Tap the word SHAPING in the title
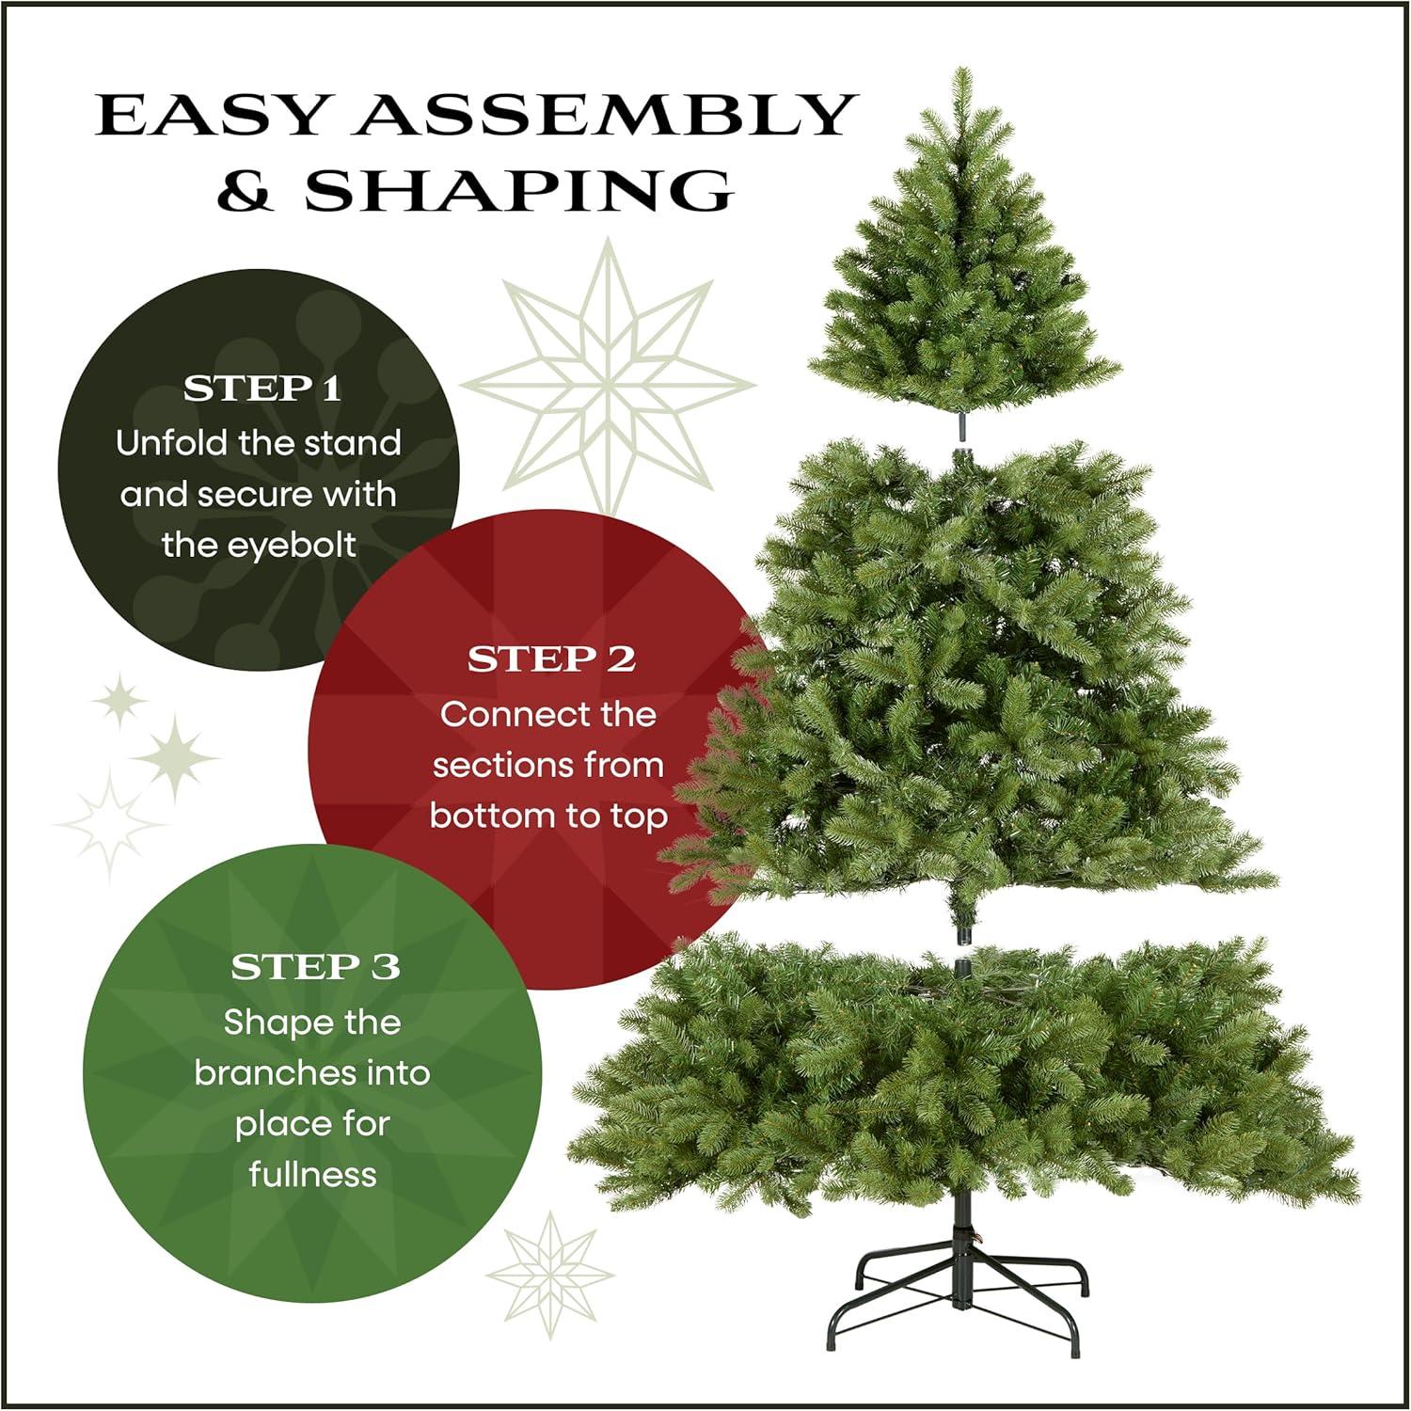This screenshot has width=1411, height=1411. [518, 191]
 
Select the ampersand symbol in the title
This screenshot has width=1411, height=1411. [246, 191]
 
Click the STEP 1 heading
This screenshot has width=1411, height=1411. [262, 388]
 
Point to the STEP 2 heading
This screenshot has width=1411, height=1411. [551, 659]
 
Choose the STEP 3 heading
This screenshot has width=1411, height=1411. [315, 967]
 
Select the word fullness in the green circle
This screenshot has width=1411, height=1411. [312, 1174]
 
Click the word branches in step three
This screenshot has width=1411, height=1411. [278, 1072]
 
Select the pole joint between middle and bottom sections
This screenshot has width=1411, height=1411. [963, 950]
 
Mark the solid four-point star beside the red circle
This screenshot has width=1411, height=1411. [176, 756]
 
